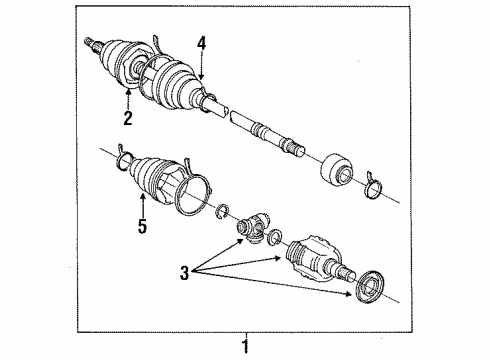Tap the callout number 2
[x=128, y=118]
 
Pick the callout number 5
[x=141, y=228]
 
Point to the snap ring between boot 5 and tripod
[x=225, y=212]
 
